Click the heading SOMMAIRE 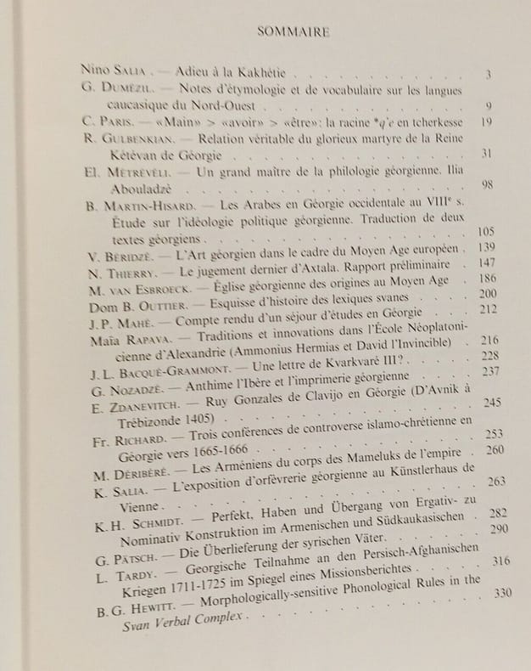pyautogui.click(x=292, y=34)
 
